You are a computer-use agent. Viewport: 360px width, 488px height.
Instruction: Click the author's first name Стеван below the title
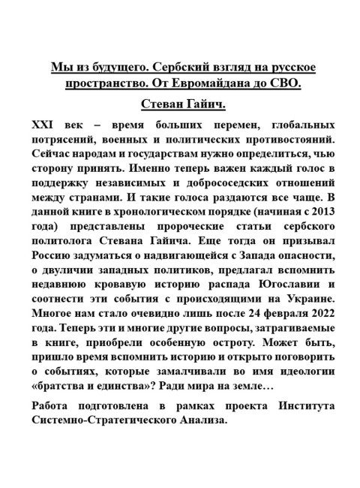(x=160, y=102)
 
